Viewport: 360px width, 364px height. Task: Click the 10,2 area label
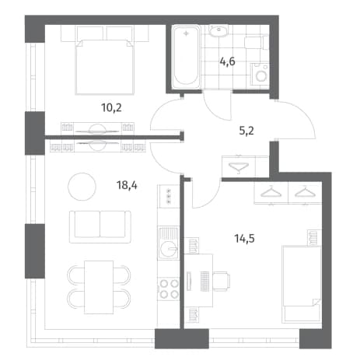point(111,107)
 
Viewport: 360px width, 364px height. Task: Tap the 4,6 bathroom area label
point(227,61)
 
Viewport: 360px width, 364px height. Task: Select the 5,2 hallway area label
point(246,131)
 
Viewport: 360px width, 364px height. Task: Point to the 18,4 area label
point(127,185)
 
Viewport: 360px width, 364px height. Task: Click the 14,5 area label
point(244,239)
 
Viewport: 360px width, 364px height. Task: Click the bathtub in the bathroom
point(187,57)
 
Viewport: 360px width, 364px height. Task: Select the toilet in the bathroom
point(256,43)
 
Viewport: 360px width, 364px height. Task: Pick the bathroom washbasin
point(218,31)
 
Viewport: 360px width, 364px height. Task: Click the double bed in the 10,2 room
point(105,67)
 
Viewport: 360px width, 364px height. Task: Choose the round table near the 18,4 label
point(82,187)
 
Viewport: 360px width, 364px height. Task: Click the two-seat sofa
point(100,227)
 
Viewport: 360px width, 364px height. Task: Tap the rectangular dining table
point(99,287)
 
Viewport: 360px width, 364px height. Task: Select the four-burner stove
point(169,289)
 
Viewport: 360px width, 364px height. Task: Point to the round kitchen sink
point(169,249)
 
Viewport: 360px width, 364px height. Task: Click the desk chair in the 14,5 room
point(222,281)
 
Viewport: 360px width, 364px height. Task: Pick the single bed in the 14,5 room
point(302,284)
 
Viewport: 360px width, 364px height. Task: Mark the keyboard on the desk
point(204,281)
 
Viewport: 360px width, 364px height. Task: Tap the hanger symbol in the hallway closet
point(239,166)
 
